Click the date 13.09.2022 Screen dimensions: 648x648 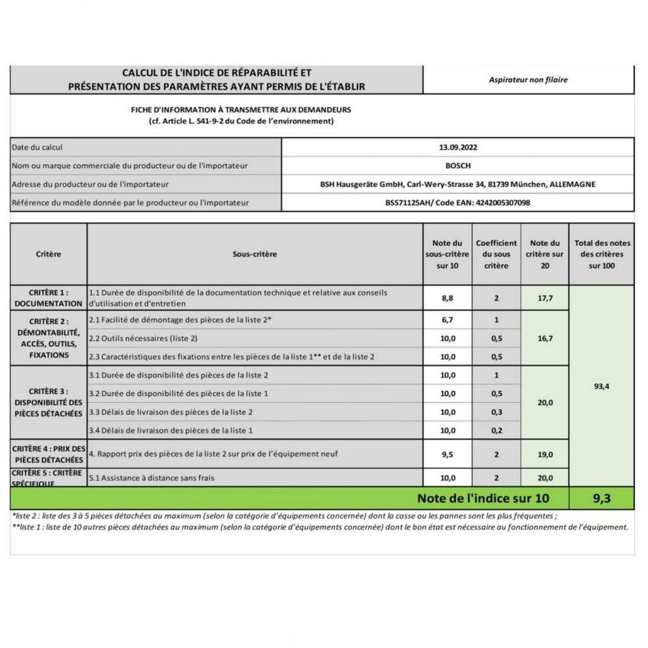click(458, 147)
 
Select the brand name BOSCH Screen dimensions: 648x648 click(458, 166)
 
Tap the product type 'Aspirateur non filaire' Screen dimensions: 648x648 click(528, 80)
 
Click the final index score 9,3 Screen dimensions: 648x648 click(602, 498)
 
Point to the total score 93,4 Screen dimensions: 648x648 click(602, 387)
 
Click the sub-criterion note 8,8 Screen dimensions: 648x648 click(447, 298)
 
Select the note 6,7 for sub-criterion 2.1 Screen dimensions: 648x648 click(447, 320)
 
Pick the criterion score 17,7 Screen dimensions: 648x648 click(545, 298)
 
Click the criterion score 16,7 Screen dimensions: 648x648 click(545, 339)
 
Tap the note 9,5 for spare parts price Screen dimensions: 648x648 click(447, 455)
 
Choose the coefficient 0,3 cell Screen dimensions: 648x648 click(496, 412)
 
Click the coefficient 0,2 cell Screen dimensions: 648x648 click(496, 430)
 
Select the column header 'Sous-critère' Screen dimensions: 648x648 click(254, 254)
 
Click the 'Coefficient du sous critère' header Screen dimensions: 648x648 click(496, 254)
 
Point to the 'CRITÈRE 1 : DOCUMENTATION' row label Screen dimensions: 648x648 click(49, 298)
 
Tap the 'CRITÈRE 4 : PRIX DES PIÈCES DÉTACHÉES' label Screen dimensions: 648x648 click(49, 454)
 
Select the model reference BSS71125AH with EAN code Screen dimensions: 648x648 click(457, 203)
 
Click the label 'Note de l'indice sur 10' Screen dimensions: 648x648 click(483, 498)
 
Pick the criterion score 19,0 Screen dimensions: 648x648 click(545, 455)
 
